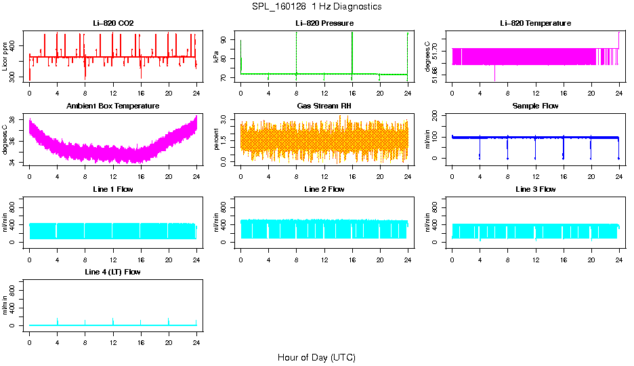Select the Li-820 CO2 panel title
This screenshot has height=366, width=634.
click(x=113, y=23)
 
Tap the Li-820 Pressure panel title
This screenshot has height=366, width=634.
click(x=324, y=23)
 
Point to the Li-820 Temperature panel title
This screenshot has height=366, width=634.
click(x=535, y=23)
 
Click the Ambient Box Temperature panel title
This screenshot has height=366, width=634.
click(x=113, y=106)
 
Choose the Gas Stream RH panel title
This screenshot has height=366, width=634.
click(x=324, y=106)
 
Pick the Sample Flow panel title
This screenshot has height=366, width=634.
click(x=535, y=106)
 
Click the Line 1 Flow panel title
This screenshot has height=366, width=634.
click(x=113, y=189)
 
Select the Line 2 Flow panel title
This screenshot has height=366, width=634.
click(x=324, y=189)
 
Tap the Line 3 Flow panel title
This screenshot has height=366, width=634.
click(x=535, y=189)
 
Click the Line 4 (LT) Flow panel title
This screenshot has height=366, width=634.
click(x=113, y=272)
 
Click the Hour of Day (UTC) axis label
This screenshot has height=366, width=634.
click(x=316, y=357)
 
